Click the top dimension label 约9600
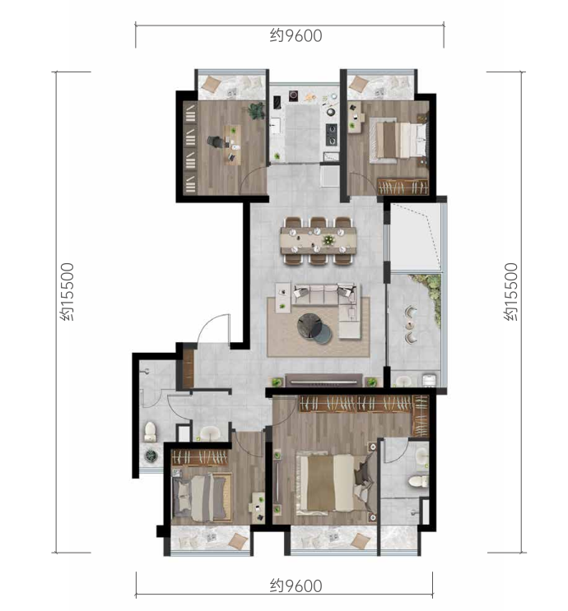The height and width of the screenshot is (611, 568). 296,36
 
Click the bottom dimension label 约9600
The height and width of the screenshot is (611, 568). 296,586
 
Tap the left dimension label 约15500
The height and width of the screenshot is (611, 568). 68,291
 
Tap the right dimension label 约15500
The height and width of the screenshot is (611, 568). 511,291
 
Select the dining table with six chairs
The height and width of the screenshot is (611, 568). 318,241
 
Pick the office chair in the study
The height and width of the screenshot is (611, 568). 215,141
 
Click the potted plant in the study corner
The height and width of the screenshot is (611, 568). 257,110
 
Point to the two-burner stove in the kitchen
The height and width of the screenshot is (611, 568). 332,134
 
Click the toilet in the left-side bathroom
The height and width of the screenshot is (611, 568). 150,432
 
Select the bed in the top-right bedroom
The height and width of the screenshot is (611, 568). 398,141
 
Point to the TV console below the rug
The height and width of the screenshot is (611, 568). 324,380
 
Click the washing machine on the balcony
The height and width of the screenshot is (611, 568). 429,380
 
